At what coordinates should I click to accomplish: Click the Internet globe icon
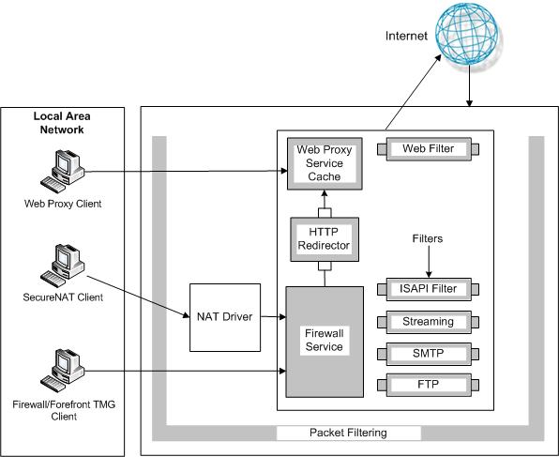466,34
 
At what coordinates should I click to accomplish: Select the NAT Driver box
225,317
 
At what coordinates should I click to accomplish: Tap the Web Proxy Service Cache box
325,163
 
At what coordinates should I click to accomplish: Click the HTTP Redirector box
325,239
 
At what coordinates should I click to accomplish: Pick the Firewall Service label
325,340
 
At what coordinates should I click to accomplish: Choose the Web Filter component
429,149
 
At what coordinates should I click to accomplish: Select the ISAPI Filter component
429,289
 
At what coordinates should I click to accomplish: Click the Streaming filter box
429,322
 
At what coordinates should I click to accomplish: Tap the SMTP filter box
429,354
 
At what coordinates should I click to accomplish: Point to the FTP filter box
429,385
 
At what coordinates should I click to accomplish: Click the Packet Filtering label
348,433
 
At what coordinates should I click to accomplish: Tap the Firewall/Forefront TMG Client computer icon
63,371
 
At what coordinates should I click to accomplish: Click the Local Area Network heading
62,123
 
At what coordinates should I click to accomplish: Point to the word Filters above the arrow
428,238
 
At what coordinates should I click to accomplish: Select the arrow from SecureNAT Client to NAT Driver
138,297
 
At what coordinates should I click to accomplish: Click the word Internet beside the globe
406,36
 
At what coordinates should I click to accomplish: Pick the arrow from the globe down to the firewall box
469,85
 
